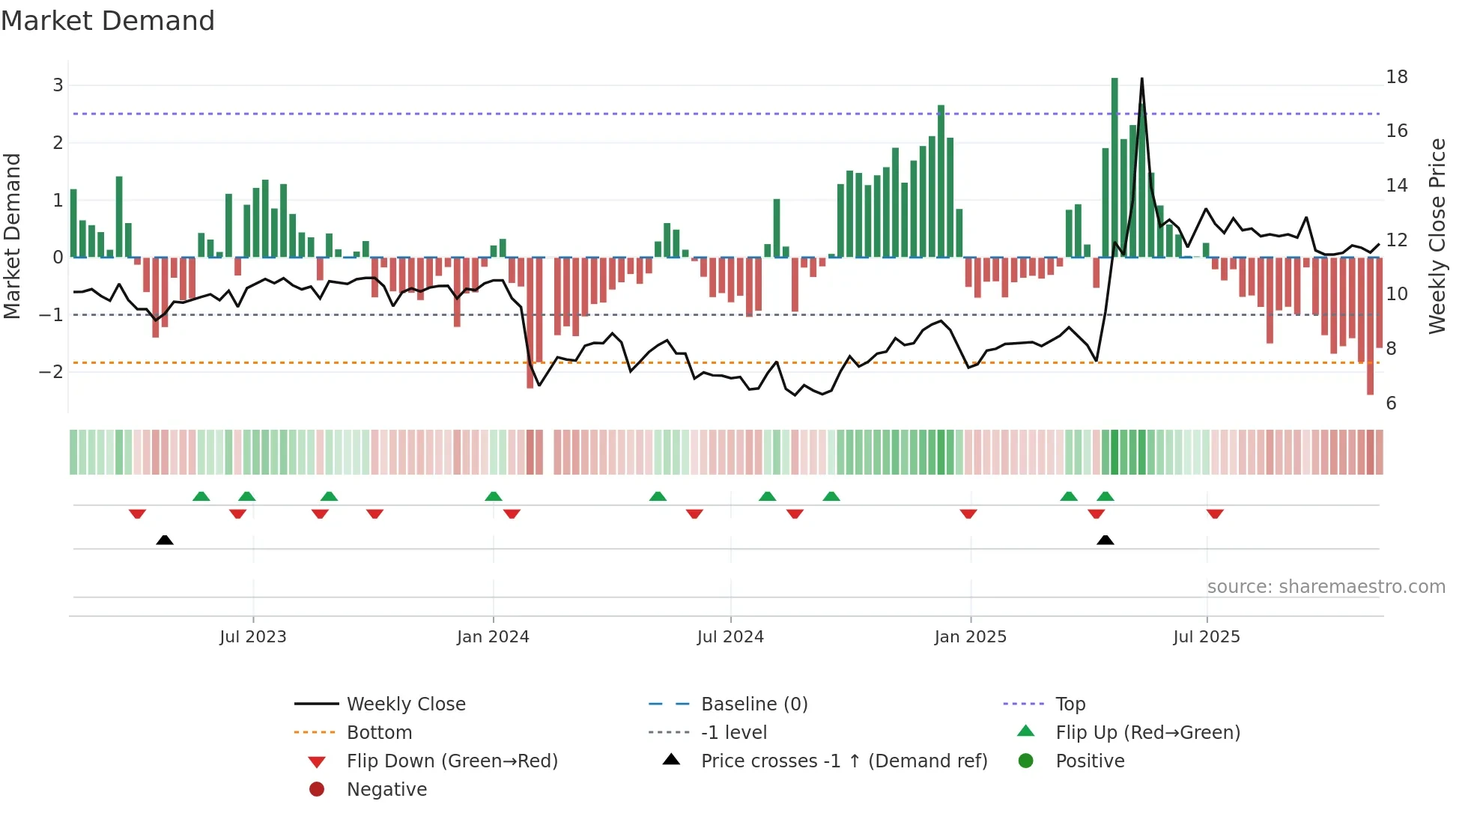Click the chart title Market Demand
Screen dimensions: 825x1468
pyautogui.click(x=108, y=21)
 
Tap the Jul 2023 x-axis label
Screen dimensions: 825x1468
pyautogui.click(x=253, y=637)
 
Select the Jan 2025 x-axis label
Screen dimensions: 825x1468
pyautogui.click(x=971, y=637)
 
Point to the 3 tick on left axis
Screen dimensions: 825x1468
pyautogui.click(x=58, y=85)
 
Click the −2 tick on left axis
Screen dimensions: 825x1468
pyautogui.click(x=52, y=372)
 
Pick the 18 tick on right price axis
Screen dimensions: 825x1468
pyautogui.click(x=1397, y=77)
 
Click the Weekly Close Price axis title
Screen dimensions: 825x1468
pyautogui.click(x=1437, y=236)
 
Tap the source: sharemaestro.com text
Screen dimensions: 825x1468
pyautogui.click(x=1326, y=587)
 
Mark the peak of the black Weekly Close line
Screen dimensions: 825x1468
pyautogui.click(x=1141, y=79)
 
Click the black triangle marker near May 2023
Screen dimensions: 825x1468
pyautogui.click(x=165, y=540)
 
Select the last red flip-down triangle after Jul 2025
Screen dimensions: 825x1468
pyautogui.click(x=1215, y=514)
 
